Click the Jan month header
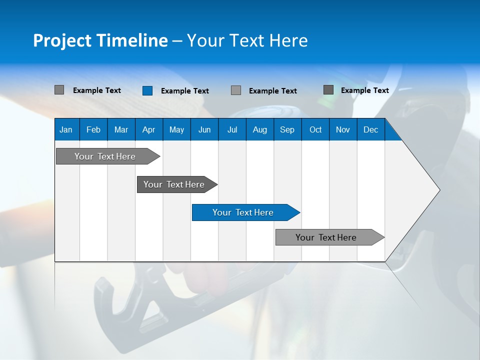click(x=66, y=129)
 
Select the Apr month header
click(x=148, y=129)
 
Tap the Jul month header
click(x=232, y=129)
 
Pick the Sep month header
click(x=287, y=129)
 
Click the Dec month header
click(x=370, y=129)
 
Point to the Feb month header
click(x=93, y=129)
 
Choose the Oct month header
click(x=315, y=129)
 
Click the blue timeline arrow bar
click(x=245, y=212)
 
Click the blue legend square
click(x=147, y=90)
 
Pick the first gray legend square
click(x=59, y=90)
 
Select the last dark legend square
click(x=328, y=90)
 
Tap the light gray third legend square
click(x=236, y=90)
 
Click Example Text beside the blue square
click(x=184, y=91)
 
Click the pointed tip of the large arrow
click(x=438, y=190)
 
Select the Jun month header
click(x=204, y=129)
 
